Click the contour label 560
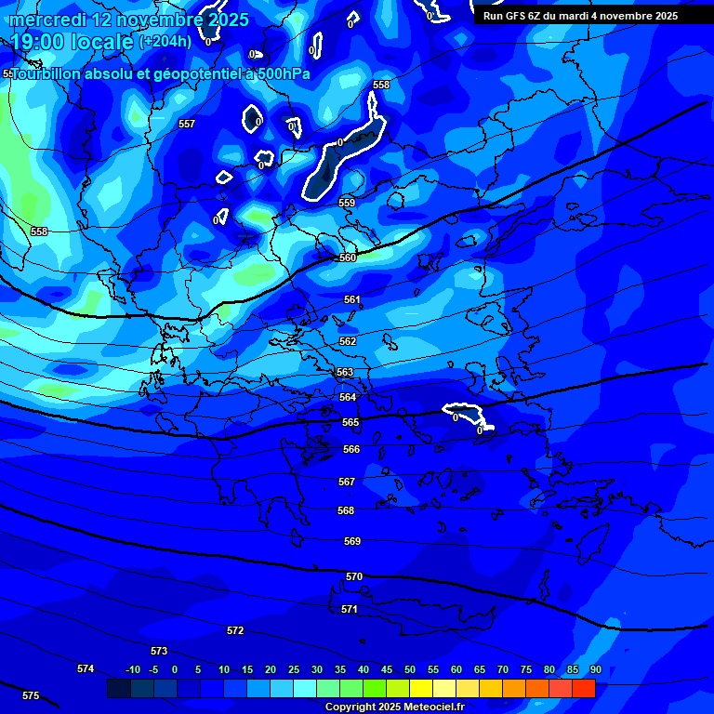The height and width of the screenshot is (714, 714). point(348,258)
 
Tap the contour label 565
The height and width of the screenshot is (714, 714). point(350,422)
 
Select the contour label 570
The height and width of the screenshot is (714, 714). point(354,577)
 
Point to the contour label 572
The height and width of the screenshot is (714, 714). point(235,630)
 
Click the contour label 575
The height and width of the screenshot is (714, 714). point(31,695)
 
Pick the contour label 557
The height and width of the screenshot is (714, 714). point(187,124)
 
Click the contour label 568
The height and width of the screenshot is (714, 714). point(346,510)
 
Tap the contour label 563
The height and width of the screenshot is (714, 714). point(345,372)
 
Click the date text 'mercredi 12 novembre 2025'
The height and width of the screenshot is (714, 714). point(129,20)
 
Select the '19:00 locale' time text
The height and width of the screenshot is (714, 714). point(72,41)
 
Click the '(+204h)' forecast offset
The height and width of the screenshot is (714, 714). point(165,41)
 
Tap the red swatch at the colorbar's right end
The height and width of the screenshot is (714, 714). point(583,688)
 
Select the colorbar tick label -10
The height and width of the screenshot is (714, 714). point(132,669)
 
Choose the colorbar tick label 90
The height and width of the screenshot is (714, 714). point(595,669)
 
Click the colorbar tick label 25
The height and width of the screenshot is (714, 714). point(294,669)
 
